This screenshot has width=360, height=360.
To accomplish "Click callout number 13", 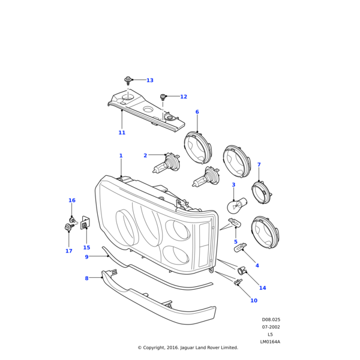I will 150,80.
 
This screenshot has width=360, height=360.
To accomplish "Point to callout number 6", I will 197,112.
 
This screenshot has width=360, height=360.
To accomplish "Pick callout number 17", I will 68,251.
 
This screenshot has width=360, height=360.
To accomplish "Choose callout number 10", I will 254,301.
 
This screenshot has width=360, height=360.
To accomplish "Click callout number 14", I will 262,288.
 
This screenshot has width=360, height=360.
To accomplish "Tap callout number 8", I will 86,278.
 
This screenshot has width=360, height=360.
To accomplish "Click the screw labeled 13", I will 128,80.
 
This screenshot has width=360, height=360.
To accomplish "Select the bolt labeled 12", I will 163,97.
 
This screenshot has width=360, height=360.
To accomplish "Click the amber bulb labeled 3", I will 235,207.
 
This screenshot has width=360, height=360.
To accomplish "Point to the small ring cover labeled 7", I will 261,193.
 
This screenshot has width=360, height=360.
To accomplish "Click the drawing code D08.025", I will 271,320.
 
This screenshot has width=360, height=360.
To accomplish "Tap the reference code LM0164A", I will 270,341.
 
